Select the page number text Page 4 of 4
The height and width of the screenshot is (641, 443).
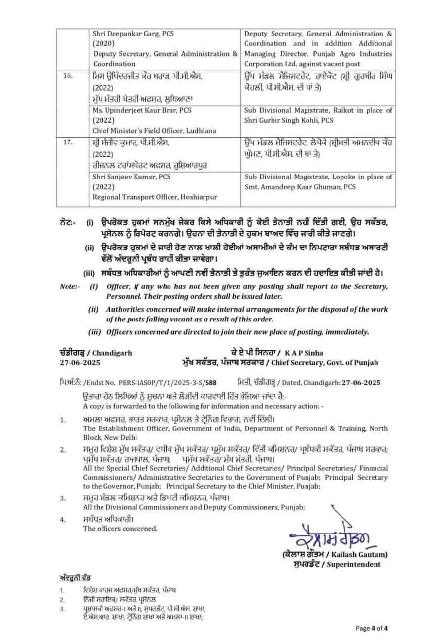[373, 628]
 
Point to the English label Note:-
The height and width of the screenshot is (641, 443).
[69, 286]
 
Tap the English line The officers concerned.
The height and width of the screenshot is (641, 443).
[120, 529]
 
